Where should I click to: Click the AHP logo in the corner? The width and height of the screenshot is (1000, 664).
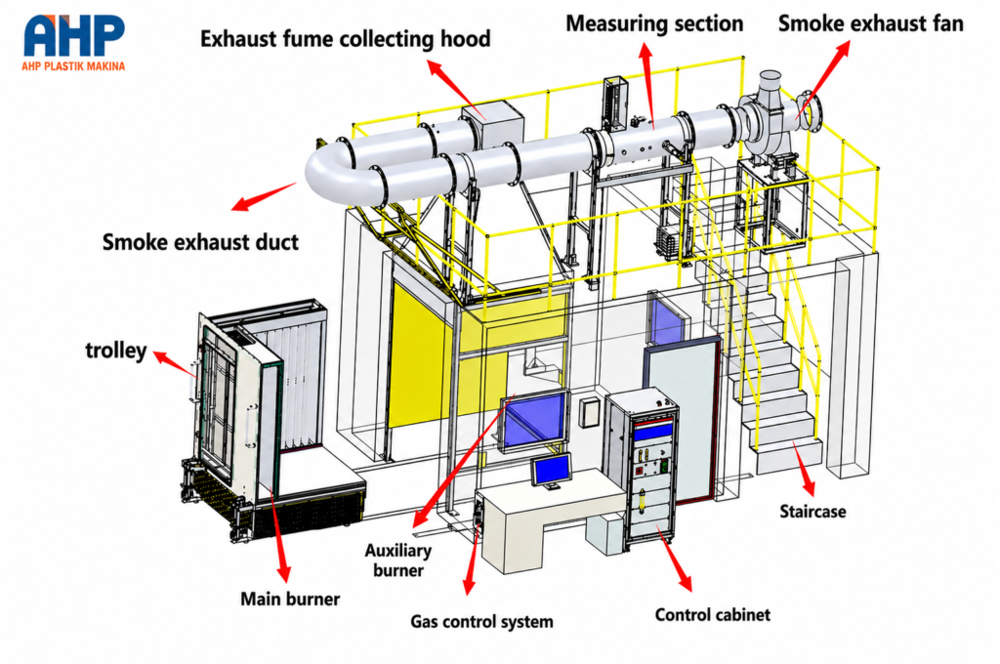[x=73, y=40]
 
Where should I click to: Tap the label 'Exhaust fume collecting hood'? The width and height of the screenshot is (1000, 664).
[x=345, y=39]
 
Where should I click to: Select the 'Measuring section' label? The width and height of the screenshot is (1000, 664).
[x=654, y=24]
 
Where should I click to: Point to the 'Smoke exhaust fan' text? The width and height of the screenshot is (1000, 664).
[x=870, y=23]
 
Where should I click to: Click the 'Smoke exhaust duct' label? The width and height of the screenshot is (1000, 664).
[x=200, y=242]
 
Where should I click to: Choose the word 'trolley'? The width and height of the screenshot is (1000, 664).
[x=116, y=351]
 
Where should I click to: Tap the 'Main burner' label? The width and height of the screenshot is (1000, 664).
[x=289, y=599]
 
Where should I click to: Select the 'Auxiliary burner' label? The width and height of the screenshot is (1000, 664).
[x=398, y=560]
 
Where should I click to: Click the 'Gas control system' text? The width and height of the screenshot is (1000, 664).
[x=481, y=621]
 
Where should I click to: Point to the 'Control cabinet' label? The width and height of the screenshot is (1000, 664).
[x=712, y=615]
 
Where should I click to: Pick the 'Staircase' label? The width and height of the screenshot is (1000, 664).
[x=812, y=512]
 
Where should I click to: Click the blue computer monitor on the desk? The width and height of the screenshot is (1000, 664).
[x=552, y=471]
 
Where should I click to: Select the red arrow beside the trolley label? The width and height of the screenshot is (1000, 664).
[x=174, y=363]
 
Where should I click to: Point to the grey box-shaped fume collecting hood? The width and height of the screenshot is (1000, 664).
[x=492, y=128]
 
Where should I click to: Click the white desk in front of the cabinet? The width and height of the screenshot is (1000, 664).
[x=549, y=519]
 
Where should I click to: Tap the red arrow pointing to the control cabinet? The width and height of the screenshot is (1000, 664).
[x=674, y=559]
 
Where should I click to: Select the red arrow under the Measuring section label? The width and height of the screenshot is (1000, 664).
[x=648, y=86]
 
